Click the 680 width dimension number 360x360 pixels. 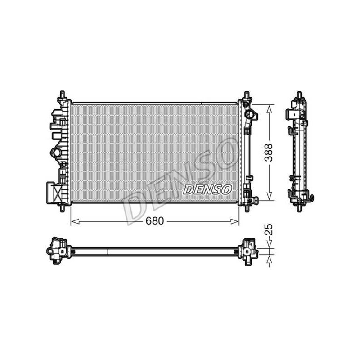coord(155,221)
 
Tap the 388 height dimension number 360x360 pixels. coord(268,153)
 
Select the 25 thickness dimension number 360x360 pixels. coord(269,229)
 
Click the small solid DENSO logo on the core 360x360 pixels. coord(207,189)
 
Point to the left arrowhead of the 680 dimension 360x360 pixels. coord(75,221)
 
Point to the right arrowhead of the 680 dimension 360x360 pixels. coord(234,221)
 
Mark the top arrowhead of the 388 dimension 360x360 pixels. coord(269,109)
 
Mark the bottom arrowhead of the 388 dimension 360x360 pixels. coord(269,196)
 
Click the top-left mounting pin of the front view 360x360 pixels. coord(63,95)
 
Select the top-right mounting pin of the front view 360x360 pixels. coord(247,95)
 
